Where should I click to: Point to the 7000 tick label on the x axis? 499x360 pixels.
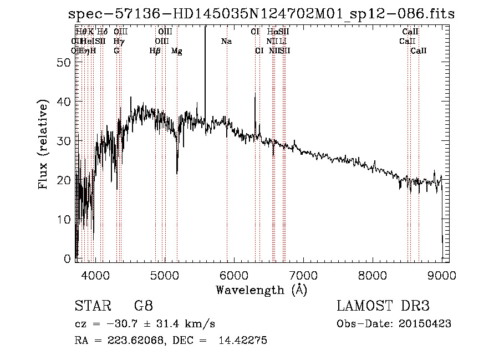click(x=303, y=275)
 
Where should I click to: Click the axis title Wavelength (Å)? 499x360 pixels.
click(x=261, y=290)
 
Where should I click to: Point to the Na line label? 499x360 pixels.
click(x=226, y=42)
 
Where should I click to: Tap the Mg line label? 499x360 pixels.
click(x=176, y=51)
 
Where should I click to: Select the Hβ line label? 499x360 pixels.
click(x=155, y=51)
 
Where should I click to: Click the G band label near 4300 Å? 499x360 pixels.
click(x=116, y=51)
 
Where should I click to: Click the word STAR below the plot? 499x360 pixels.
click(x=88, y=307)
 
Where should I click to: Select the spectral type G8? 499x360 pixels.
click(x=144, y=307)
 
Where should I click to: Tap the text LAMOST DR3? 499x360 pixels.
click(x=383, y=307)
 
